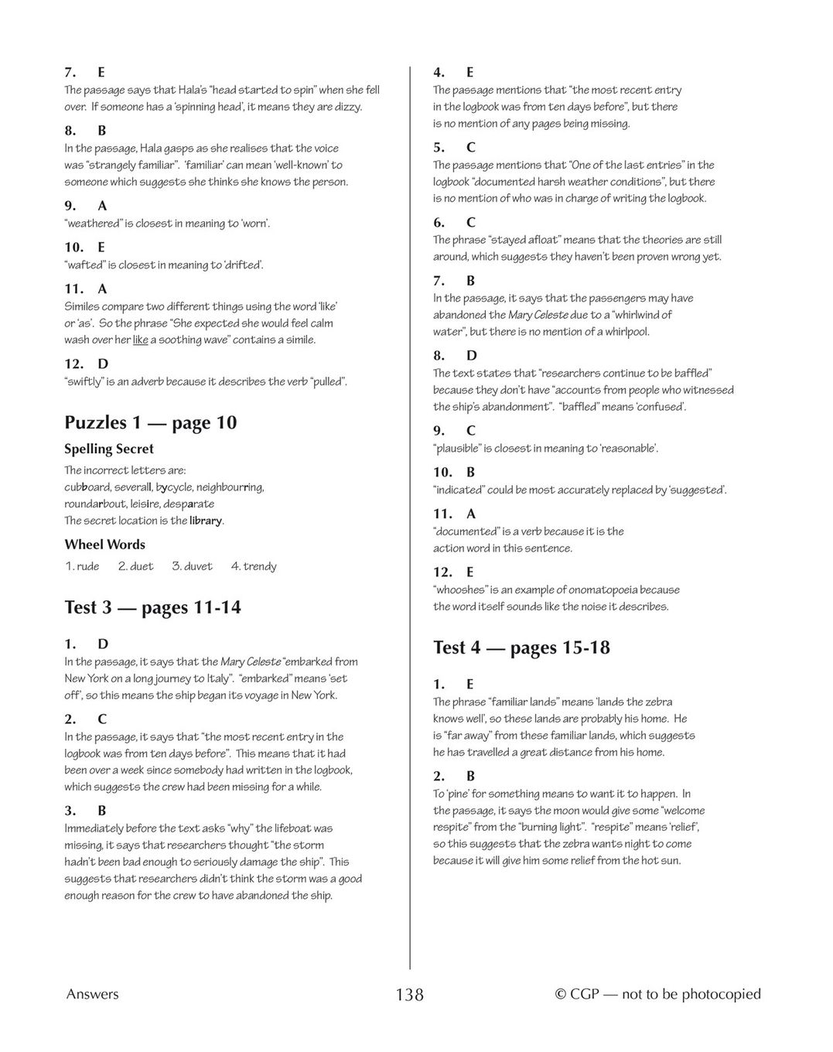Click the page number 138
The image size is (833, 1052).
pos(409,995)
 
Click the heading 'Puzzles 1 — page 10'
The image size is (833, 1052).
pos(150,422)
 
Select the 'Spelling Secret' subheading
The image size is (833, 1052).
pos(109,449)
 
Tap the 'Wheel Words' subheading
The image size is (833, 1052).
pos(104,545)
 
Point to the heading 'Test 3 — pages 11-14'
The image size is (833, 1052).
pos(152,607)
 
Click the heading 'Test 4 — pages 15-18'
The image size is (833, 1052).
pos(521,647)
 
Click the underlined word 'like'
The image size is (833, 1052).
pos(140,340)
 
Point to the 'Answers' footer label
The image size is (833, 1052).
pos(92,995)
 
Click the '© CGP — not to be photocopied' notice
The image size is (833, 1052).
pos(657,995)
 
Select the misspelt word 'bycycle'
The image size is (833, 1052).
pos(174,487)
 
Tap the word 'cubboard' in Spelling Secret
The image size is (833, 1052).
pos(87,487)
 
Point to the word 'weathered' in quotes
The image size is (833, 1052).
pos(93,224)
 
